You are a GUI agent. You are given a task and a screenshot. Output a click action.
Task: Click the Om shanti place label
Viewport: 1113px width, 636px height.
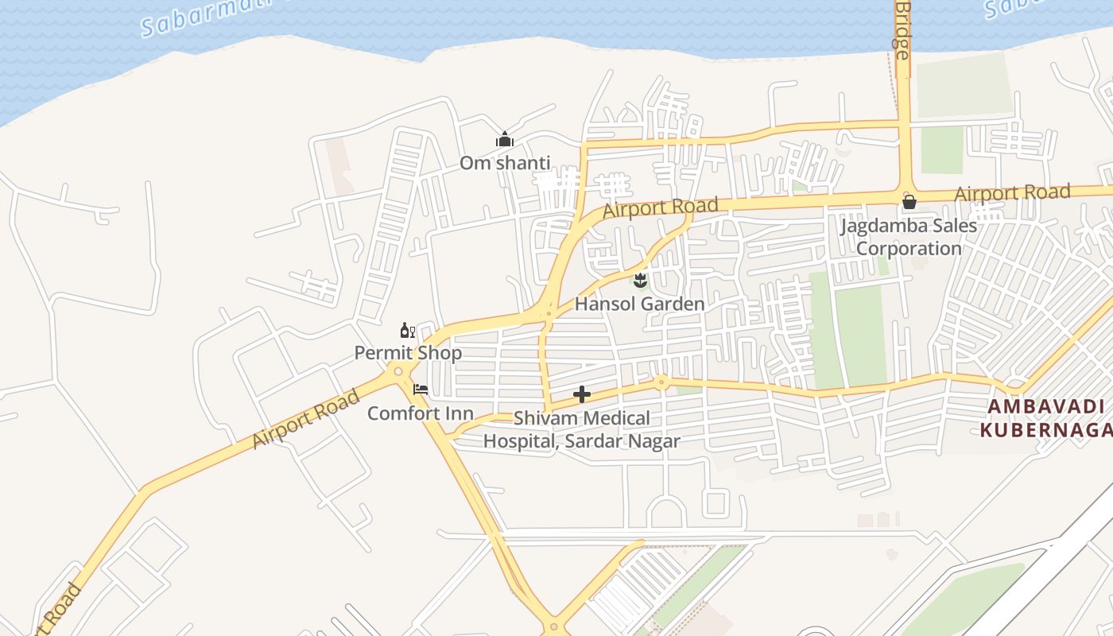coord(505,163)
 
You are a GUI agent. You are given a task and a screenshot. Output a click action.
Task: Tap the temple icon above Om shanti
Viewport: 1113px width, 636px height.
coord(505,141)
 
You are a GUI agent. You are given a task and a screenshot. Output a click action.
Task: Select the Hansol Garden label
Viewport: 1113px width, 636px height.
coord(639,304)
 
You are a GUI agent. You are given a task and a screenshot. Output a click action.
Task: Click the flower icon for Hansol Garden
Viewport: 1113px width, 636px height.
coord(640,280)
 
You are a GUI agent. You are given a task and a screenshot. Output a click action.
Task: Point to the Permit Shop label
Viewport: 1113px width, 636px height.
coord(408,352)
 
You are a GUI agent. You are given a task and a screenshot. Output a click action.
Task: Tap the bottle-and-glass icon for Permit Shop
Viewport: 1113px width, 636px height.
coord(407,331)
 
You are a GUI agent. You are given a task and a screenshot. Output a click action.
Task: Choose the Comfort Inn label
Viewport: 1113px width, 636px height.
coord(420,413)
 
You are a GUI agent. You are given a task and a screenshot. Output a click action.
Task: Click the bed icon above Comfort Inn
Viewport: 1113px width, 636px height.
coord(421,390)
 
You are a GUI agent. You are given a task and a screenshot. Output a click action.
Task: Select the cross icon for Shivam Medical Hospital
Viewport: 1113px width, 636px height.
coord(582,394)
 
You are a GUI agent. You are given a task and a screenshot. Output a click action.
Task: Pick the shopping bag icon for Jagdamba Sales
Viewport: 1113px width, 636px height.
coord(909,202)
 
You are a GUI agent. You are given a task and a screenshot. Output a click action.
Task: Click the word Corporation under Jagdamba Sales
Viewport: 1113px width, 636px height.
coord(909,248)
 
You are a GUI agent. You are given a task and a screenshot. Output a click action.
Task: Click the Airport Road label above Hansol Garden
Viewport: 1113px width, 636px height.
coord(660,208)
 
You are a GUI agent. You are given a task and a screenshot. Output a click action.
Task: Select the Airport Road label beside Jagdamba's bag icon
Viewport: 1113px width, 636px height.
coord(1012,192)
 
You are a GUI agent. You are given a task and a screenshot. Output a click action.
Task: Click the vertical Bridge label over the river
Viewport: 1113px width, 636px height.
coord(902,32)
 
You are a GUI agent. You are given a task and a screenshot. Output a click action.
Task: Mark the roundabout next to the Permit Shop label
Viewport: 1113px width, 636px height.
coord(397,370)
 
